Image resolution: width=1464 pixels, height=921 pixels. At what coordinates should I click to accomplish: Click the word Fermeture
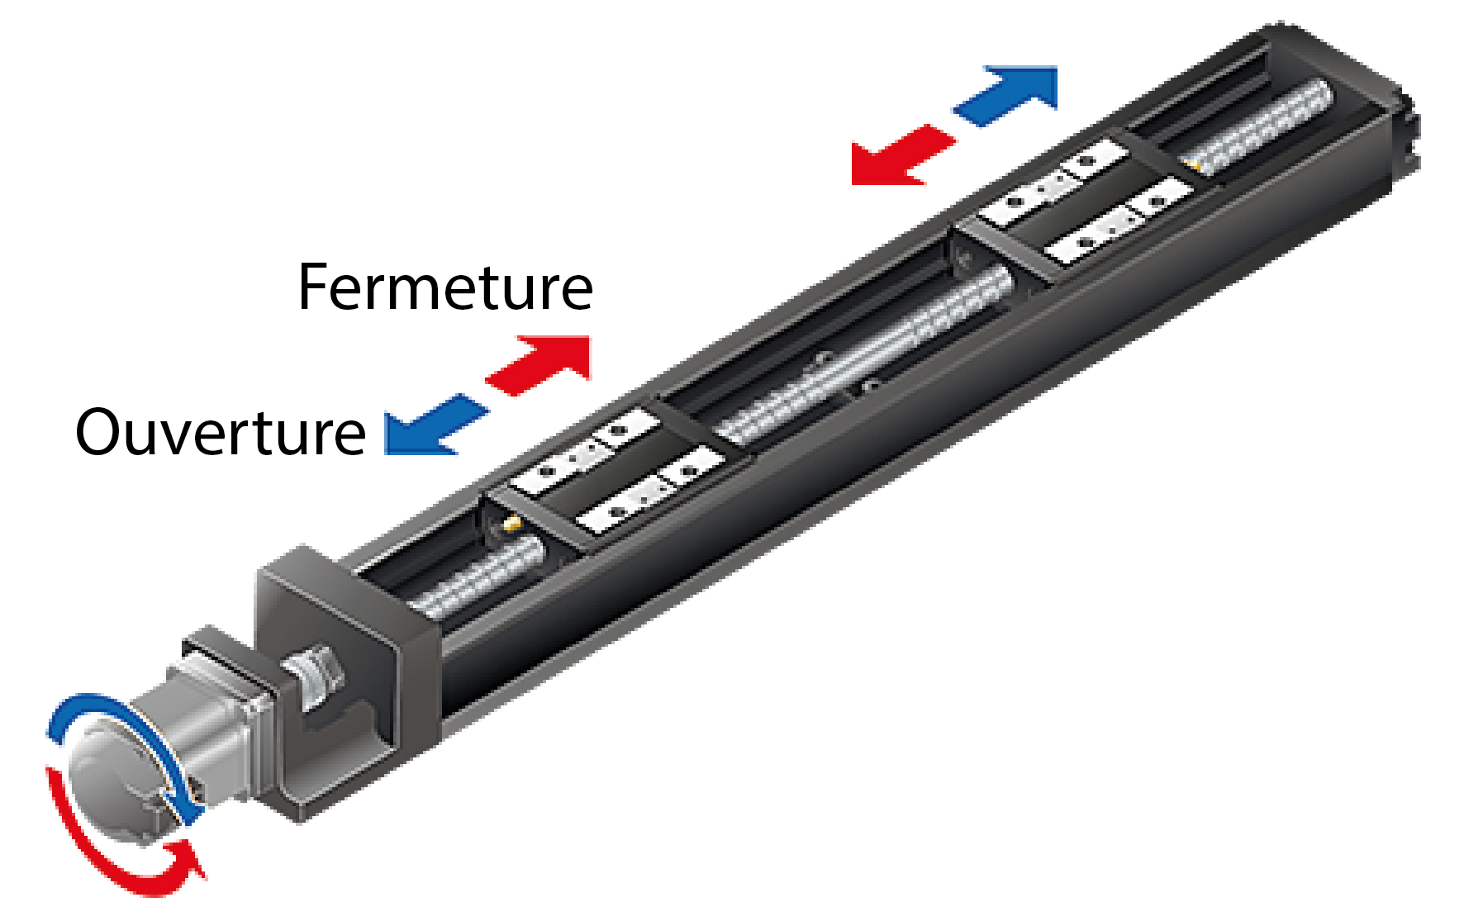click(x=444, y=288)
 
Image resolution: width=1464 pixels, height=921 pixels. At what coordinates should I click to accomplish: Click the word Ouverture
click(x=221, y=433)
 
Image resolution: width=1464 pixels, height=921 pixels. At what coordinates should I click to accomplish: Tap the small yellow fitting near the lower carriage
click(x=512, y=522)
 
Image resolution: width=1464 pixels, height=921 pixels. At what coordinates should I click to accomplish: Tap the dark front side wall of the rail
click(x=826, y=512)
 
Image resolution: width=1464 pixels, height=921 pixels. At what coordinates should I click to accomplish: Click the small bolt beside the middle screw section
click(x=868, y=386)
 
